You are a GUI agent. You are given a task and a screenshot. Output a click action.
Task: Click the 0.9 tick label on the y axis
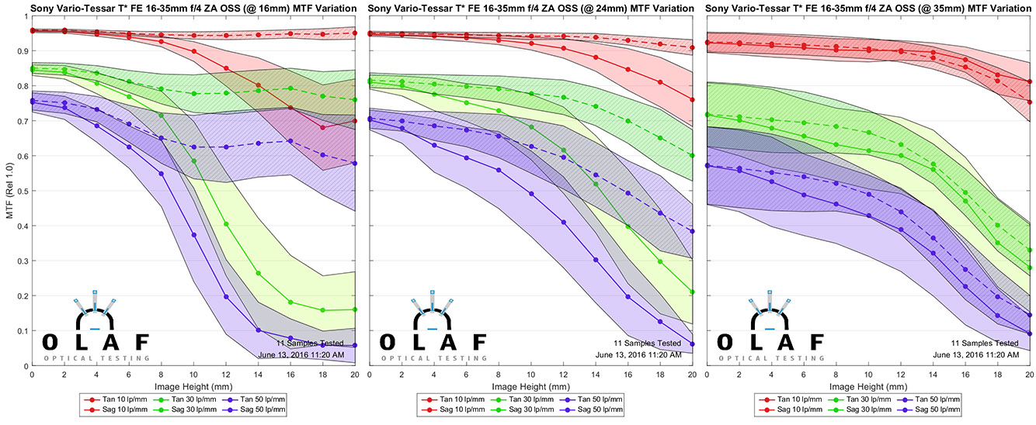pos(21,51)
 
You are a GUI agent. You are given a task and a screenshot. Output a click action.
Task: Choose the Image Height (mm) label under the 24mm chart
pos(531,386)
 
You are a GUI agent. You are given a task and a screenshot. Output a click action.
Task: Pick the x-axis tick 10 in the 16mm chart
pos(193,375)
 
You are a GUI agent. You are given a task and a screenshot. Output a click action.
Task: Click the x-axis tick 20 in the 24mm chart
pos(691,375)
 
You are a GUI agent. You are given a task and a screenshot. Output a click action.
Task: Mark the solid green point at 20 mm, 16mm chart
pos(355,309)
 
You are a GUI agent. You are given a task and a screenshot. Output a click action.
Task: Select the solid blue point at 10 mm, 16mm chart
pos(193,235)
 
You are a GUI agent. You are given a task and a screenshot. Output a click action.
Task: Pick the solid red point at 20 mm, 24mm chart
pos(691,100)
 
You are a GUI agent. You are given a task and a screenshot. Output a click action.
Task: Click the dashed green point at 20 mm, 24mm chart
pos(691,155)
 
